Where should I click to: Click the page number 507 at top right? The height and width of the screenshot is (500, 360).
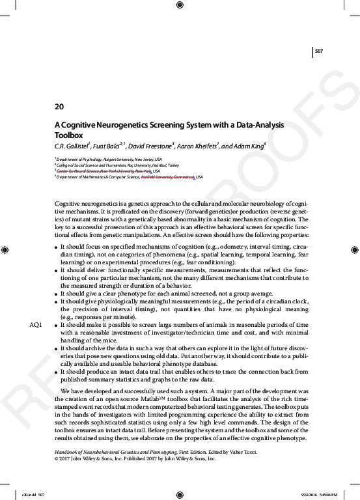[319, 50]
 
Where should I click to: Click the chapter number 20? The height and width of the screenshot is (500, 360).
[59, 105]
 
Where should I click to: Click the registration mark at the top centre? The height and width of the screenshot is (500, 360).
[180, 6]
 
